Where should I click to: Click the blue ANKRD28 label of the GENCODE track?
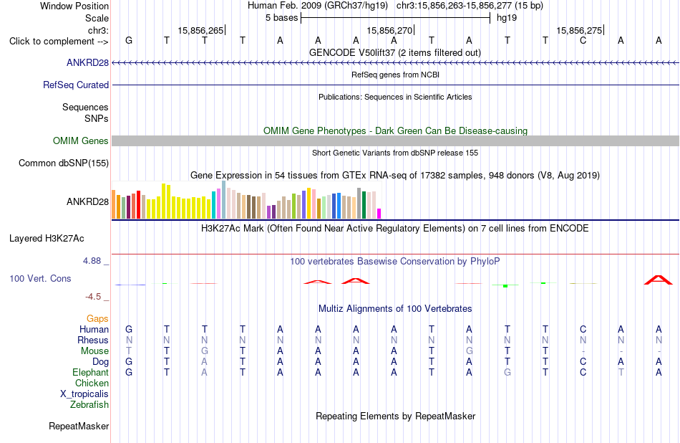point(87,63)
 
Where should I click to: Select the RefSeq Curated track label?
point(76,85)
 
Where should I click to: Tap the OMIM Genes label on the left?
point(81,140)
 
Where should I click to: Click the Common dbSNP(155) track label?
point(64,163)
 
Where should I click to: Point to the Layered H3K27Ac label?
point(47,239)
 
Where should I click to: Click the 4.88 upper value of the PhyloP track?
point(92,261)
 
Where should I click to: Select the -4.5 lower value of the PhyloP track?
point(93,297)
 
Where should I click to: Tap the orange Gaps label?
point(97,319)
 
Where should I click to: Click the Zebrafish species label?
point(89,405)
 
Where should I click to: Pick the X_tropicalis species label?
point(84,394)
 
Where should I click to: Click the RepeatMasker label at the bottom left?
point(79,427)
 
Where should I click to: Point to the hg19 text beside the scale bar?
point(507,18)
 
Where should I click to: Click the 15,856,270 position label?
point(389,30)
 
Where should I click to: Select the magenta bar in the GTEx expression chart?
point(379,214)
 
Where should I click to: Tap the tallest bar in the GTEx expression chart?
point(224,200)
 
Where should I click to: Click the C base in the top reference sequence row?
point(583,41)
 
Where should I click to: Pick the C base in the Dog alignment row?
point(583,362)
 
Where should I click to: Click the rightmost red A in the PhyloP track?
point(659,280)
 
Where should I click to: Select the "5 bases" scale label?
point(282,18)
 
